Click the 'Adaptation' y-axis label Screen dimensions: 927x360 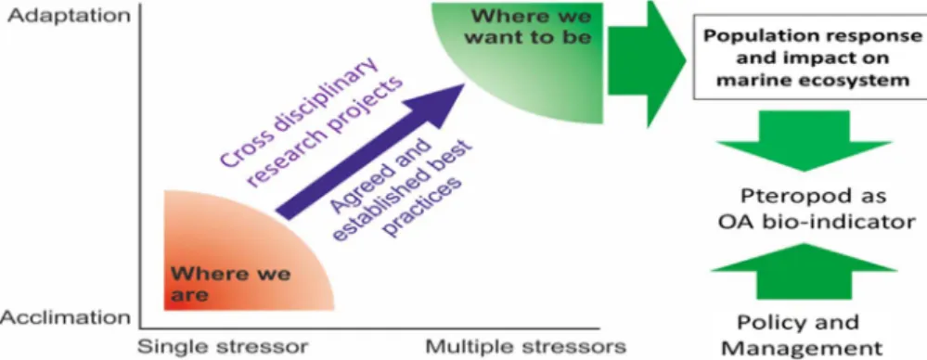[69, 16]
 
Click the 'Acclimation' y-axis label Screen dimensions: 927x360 [66, 317]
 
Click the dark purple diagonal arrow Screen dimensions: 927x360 [371, 152]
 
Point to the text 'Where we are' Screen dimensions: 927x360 [230, 284]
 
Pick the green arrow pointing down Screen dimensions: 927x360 [804, 141]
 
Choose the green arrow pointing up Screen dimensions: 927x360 [804, 270]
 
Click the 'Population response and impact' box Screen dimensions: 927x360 [810, 58]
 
